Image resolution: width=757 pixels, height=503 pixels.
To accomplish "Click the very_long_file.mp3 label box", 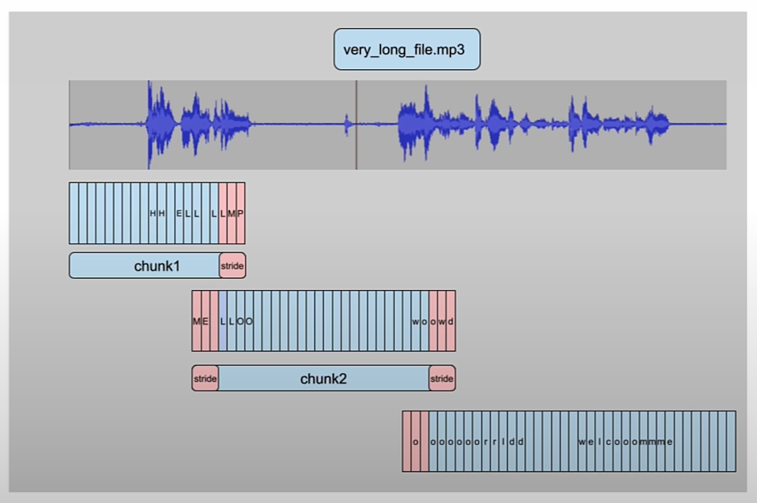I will (407, 49).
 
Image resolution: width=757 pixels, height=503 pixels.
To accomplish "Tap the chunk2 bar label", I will (323, 378).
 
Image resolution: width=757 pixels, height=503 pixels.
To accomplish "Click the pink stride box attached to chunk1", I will (232, 266).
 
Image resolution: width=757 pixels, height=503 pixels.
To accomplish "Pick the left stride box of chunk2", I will (205, 378).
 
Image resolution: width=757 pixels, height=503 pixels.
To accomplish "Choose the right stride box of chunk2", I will (442, 378).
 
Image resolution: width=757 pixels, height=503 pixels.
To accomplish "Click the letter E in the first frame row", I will (178, 213).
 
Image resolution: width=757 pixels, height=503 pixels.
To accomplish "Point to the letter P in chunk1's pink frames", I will (240, 213).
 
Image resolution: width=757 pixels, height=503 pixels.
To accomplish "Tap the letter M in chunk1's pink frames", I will (231, 213).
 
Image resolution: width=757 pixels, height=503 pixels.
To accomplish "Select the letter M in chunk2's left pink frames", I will (196, 321).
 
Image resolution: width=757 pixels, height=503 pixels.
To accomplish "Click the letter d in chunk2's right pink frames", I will (451, 321).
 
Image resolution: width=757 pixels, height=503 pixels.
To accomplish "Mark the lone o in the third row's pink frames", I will (415, 442).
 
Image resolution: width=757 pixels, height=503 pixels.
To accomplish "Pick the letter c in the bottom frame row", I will (608, 442).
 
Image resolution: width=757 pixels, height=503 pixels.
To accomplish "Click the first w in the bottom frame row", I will (581, 442).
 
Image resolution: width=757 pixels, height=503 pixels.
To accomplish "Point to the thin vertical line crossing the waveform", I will (356, 125).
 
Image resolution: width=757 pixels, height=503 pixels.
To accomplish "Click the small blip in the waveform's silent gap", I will (347, 125).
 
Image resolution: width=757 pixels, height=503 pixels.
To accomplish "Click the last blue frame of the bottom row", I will (730, 441).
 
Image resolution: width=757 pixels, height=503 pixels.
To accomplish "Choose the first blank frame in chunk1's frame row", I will (74, 213).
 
